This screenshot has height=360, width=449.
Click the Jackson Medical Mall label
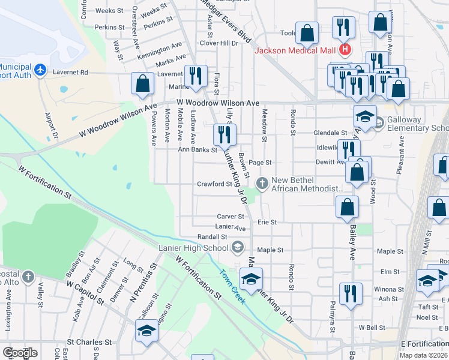point(294,50)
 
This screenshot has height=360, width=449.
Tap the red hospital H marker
point(345,49)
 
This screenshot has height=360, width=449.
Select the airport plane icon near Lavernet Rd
point(40,71)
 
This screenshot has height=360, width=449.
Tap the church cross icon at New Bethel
point(262,182)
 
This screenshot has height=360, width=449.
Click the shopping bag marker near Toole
point(307,35)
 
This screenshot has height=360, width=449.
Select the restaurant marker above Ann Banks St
point(224,136)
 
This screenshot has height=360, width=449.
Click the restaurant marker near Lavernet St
point(196,77)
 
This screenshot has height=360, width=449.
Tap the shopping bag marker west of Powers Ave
point(143,85)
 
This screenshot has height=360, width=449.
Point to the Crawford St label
point(214,184)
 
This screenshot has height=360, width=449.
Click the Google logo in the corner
point(20,353)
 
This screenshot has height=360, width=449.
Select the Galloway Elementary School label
point(418,124)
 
